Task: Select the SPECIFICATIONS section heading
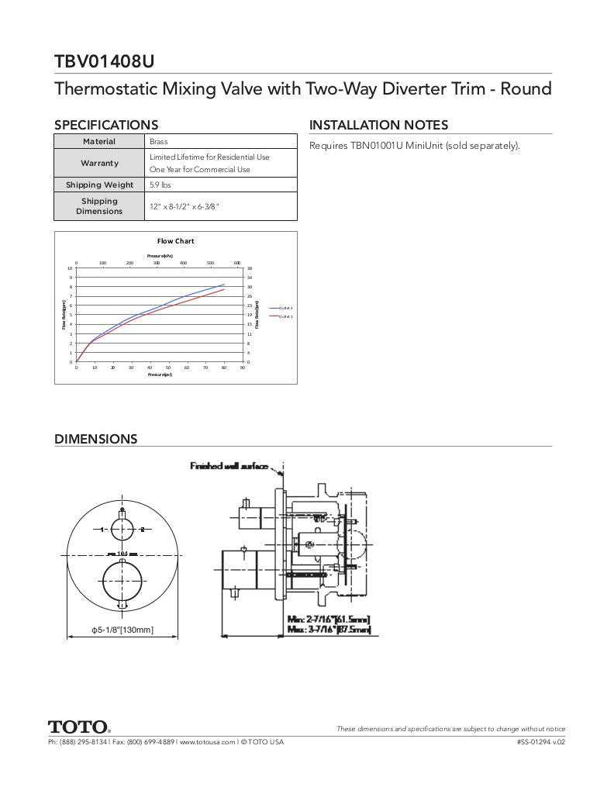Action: point(106,125)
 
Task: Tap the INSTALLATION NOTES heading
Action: point(378,125)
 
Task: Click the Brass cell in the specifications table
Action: point(159,142)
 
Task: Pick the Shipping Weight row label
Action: point(99,185)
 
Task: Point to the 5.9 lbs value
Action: point(160,185)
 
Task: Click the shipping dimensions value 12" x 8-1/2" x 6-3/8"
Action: point(185,206)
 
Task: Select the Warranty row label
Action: point(99,164)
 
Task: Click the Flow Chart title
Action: point(175,241)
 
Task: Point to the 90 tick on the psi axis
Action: point(243,368)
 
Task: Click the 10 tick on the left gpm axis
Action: point(70,268)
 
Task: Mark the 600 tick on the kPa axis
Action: point(237,263)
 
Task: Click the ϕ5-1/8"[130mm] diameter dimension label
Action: point(122,630)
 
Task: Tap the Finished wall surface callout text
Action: point(229,466)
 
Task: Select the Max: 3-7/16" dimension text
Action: point(329,630)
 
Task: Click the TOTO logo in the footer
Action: point(79,727)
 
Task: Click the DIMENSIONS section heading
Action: point(95,439)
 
